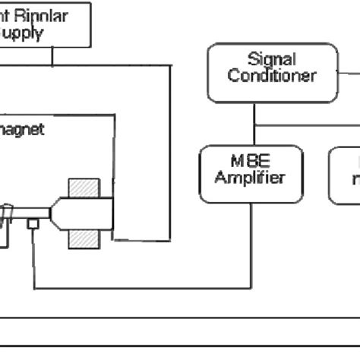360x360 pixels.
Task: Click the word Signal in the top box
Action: click(x=272, y=59)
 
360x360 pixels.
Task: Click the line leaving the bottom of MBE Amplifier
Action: click(x=251, y=243)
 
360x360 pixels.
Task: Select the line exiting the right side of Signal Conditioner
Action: click(x=348, y=74)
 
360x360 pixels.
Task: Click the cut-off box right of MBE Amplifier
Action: click(x=346, y=175)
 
